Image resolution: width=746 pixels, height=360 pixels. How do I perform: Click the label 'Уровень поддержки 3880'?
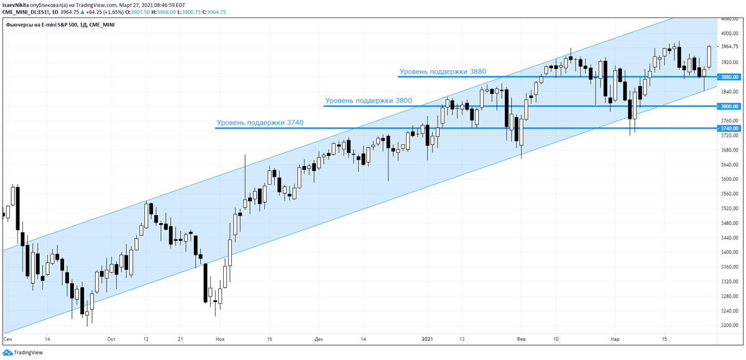coord(443,72)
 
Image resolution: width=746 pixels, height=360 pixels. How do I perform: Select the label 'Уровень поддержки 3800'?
coord(368,100)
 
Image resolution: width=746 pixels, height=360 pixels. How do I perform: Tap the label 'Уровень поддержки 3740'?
coord(260,122)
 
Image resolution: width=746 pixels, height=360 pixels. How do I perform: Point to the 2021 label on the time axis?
coord(427,339)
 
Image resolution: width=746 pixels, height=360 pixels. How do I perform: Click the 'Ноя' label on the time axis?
coord(219,339)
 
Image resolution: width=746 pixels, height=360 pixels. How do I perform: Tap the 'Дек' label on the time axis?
coord(319,339)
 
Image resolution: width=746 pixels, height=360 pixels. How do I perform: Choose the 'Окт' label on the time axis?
coord(111,339)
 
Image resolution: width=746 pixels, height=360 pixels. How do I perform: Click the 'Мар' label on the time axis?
coord(615,339)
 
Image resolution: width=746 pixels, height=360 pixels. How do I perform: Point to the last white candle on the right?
coord(709,57)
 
